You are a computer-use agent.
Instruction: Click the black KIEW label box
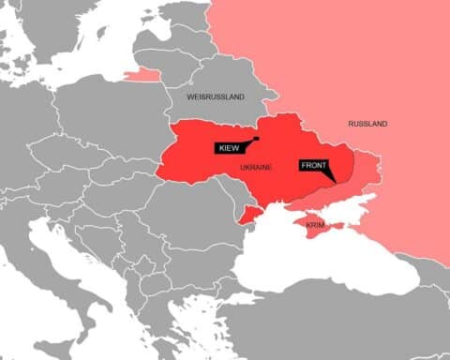point(230,148)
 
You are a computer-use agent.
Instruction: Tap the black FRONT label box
point(315,166)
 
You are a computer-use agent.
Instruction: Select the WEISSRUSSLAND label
point(216,97)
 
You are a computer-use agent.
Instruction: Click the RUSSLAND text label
point(367,124)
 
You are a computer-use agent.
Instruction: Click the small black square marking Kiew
point(256,139)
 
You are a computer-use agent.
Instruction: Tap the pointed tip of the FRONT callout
point(335,181)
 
